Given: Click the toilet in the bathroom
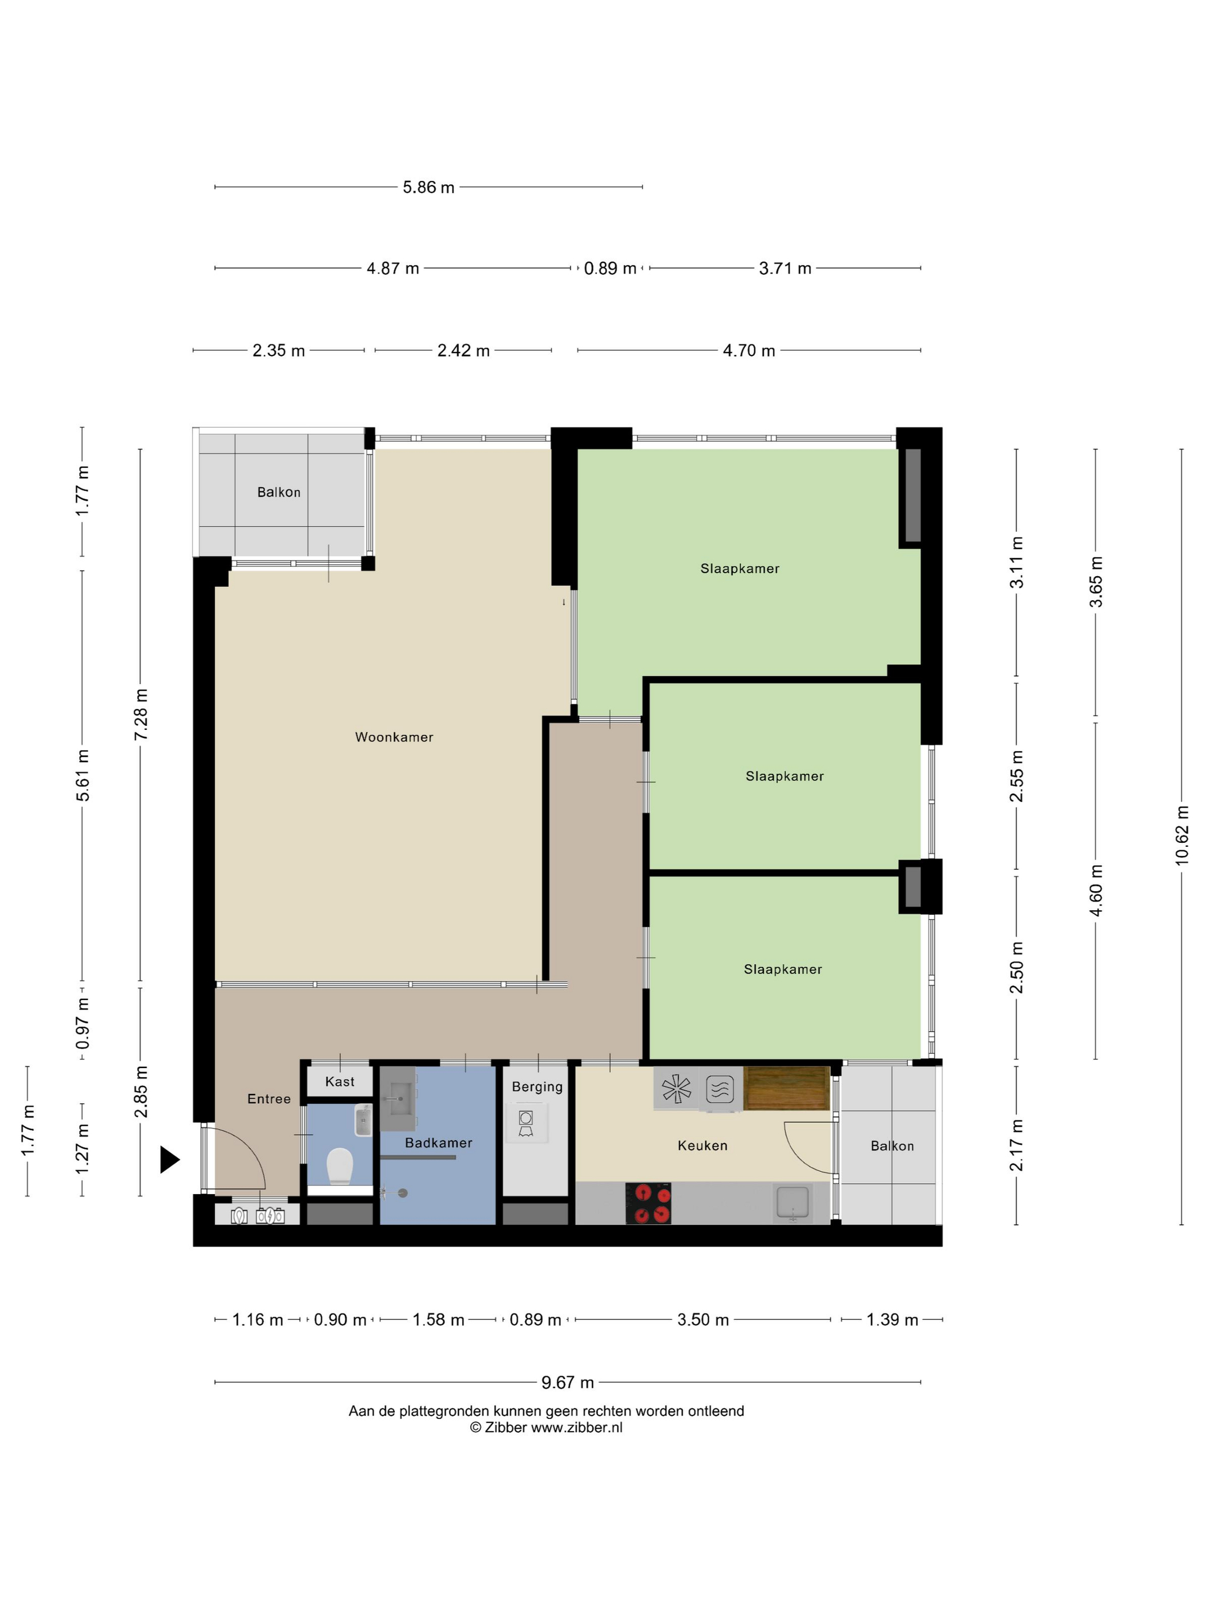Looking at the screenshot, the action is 340,1166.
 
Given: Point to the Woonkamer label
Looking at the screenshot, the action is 394,737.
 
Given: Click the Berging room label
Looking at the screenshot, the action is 537,1087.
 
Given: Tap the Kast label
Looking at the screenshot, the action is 340,1081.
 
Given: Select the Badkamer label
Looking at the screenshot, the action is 439,1143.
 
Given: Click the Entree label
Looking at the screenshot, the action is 269,1099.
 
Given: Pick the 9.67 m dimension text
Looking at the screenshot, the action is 568,1383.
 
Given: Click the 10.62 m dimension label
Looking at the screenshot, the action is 1182,836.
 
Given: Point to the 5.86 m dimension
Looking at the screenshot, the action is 428,187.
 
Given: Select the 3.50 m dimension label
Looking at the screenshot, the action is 704,1320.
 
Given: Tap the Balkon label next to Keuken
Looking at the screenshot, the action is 892,1146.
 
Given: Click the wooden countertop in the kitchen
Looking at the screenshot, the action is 786,1088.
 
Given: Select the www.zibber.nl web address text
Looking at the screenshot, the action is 576,1428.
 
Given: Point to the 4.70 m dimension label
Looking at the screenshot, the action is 749,351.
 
